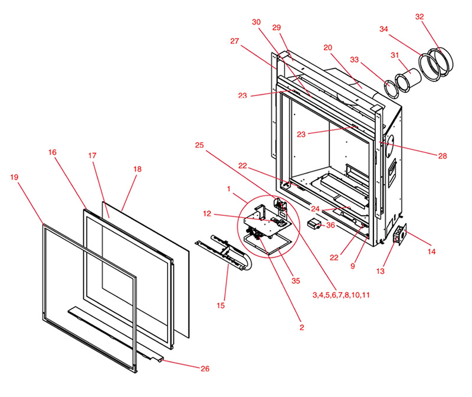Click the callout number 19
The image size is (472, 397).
click(15, 176)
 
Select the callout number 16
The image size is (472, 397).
click(53, 152)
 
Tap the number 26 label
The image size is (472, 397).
click(205, 369)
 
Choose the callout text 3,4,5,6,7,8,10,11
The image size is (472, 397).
click(342, 294)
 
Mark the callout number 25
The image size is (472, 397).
click(199, 145)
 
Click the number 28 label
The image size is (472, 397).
click(442, 156)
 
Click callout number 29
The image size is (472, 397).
click(277, 28)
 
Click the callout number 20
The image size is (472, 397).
click(328, 47)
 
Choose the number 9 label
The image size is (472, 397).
click(352, 266)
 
